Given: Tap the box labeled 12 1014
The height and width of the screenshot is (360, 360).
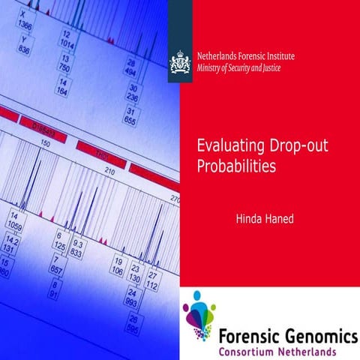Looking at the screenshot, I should coord(67,40).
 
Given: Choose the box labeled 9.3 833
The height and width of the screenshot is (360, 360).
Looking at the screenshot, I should coord(76,248).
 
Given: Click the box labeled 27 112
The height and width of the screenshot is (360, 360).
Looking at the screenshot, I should coord(152,280).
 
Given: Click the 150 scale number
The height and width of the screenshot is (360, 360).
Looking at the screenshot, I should coord(45,142).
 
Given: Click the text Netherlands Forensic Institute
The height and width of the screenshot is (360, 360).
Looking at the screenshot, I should coord(244,55).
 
